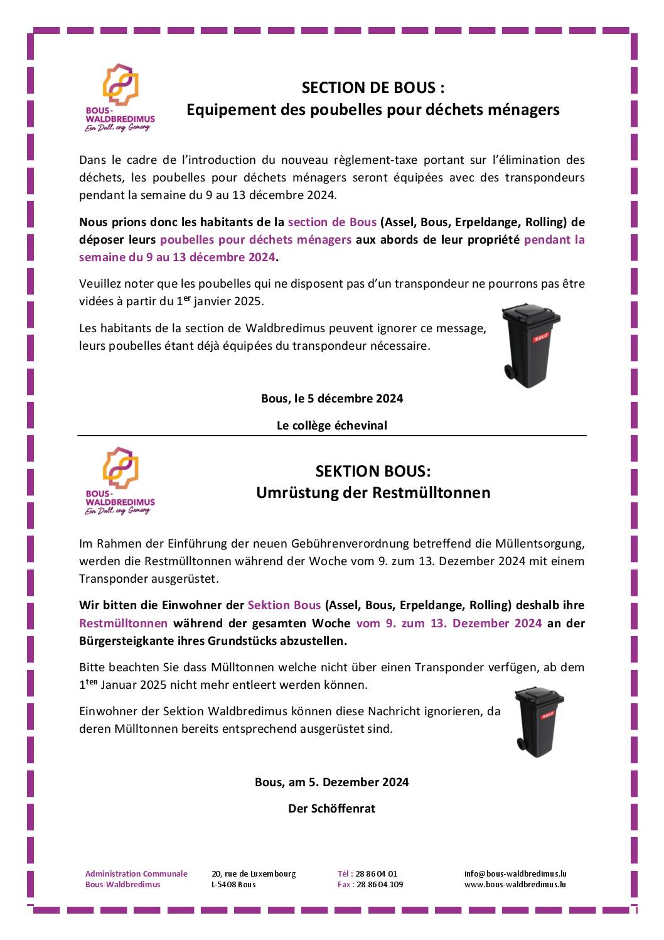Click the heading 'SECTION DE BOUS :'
tap(373, 87)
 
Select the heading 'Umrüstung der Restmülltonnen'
tap(373, 492)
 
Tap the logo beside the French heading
tap(120, 97)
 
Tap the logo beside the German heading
tap(120, 481)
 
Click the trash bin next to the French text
tap(531, 345)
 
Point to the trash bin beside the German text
tap(538, 722)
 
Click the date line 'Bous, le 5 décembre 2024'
tap(332, 398)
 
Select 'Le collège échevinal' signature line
tap(332, 425)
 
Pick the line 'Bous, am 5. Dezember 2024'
tap(331, 782)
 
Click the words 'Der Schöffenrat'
tap(331, 808)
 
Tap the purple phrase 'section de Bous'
tap(332, 222)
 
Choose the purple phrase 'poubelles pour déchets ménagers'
tap(255, 239)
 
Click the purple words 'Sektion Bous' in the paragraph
tap(284, 605)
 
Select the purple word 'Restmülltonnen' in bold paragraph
tap(123, 623)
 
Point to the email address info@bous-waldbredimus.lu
tap(515, 873)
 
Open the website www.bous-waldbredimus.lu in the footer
tap(515, 884)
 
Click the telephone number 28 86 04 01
tap(376, 873)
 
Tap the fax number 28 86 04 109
tap(380, 884)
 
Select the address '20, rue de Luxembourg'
tap(254, 873)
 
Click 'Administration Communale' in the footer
tap(136, 873)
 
